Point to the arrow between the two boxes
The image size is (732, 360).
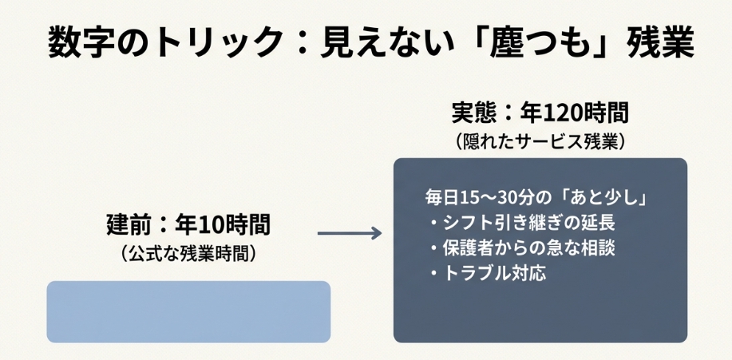[349, 232]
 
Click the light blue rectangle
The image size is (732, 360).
[188, 311]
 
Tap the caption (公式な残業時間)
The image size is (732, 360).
[188, 254]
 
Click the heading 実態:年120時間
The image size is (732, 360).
[540, 113]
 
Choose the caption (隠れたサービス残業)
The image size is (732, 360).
[540, 141]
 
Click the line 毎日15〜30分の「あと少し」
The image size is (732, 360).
[535, 197]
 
